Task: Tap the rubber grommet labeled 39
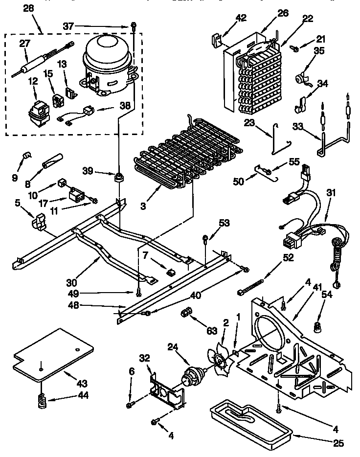click(118, 177)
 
